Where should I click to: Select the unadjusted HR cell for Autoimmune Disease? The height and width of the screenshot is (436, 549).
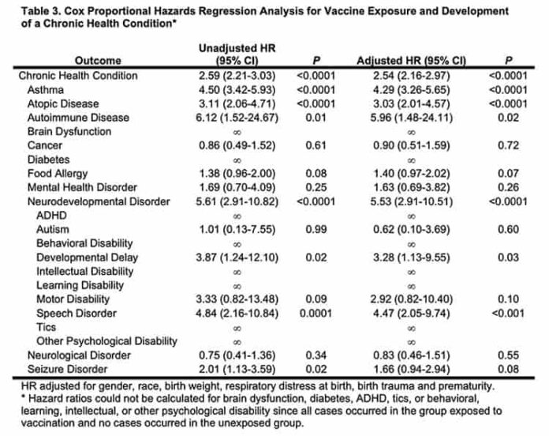(237, 118)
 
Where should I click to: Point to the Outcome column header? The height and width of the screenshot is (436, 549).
(98, 61)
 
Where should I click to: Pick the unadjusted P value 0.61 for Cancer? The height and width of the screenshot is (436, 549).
(316, 145)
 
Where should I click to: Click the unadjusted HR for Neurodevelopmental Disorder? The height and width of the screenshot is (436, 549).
(237, 201)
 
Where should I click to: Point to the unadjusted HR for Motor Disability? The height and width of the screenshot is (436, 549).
(237, 299)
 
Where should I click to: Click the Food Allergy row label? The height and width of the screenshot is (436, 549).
(58, 174)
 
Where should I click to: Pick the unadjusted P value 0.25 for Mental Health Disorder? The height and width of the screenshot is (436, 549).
(316, 188)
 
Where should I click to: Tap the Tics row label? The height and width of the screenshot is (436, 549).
(47, 328)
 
